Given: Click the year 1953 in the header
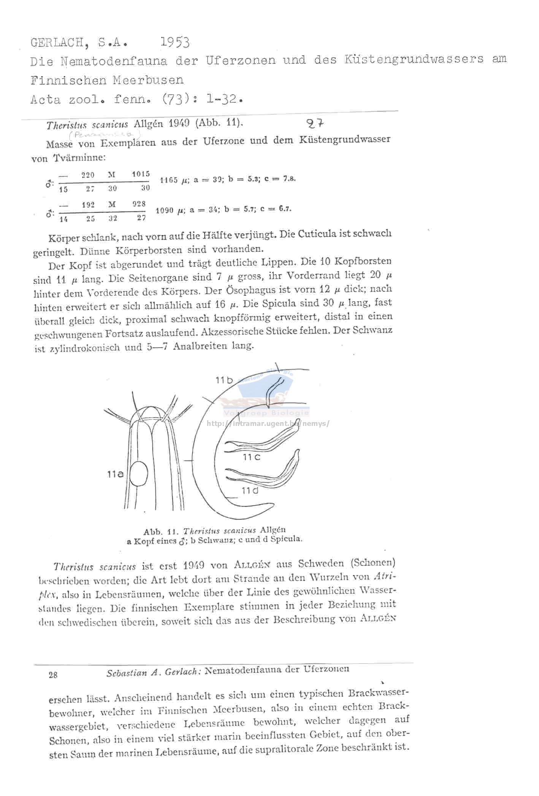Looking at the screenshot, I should (x=174, y=42).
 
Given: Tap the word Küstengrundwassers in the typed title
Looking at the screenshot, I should (x=414, y=59).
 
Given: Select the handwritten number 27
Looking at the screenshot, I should (x=315, y=123).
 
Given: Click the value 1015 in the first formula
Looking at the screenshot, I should (x=141, y=174).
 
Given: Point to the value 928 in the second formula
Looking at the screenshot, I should (x=139, y=204).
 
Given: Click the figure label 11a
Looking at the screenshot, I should (x=115, y=474).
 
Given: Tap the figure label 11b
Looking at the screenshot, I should (x=224, y=380).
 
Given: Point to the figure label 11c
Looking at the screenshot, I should (x=251, y=457).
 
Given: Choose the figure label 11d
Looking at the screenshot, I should (x=250, y=491).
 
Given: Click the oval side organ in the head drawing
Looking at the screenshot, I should (x=138, y=473).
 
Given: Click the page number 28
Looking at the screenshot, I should (x=53, y=675).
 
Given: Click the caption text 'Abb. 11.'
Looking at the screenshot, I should (x=161, y=531).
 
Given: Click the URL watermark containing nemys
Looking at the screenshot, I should (x=268, y=423).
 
